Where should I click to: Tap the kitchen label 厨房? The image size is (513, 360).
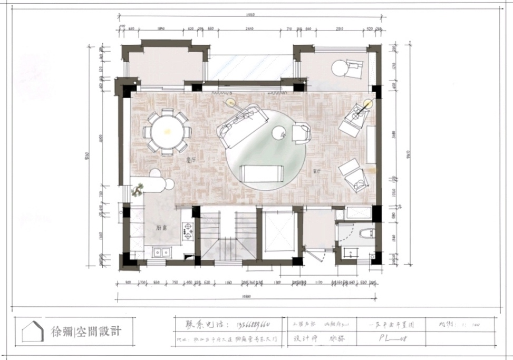162,228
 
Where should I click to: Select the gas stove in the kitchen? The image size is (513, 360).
187,231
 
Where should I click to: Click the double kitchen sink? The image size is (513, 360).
160,252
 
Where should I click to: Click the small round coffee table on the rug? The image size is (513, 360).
277,134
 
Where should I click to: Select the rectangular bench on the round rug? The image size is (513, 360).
260,173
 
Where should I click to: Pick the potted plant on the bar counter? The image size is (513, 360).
139,189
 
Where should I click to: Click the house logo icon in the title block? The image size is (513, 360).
33,332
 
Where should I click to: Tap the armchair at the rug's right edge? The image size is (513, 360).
301,133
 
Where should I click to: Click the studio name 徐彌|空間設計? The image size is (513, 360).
86,332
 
